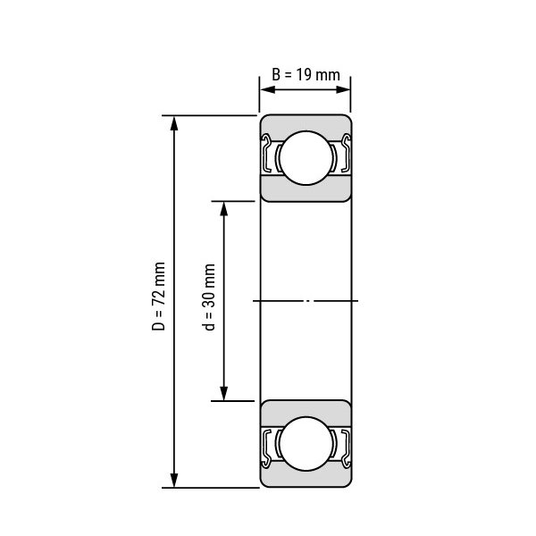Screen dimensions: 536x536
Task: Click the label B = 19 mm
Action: [306, 74]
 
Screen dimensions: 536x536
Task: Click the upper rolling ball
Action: [305, 157]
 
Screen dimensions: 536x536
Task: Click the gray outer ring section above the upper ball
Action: [305, 124]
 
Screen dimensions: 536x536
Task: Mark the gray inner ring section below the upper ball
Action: [305, 189]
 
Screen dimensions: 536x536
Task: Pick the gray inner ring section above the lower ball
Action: [305, 410]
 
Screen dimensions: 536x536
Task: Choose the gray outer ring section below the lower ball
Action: [305, 478]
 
